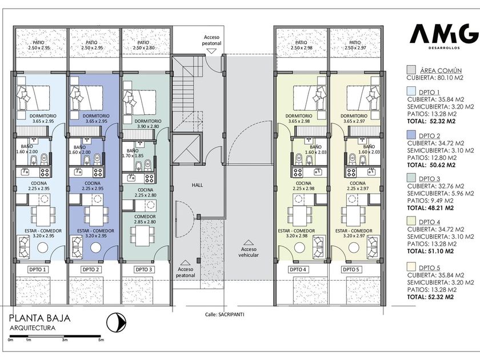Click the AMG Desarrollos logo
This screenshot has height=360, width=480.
pos(444,37)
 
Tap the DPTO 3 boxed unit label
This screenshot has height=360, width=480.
pos(143,270)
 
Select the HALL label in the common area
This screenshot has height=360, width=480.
pos(198,185)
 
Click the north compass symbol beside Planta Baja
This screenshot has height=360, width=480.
pos(117,322)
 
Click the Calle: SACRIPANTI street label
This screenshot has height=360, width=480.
pos(225,314)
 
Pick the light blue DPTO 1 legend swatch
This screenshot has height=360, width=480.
pos(411,91)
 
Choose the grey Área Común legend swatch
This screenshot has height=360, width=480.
pos(411,70)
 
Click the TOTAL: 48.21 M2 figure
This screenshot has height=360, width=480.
pos(430,208)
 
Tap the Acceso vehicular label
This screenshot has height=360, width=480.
pos(249,252)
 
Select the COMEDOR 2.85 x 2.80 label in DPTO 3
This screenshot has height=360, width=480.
pos(145,219)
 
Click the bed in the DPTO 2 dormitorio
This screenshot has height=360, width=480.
pos(86,98)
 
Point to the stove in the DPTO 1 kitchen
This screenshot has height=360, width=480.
pos(45,172)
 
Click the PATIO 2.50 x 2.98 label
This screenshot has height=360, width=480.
pos(301,45)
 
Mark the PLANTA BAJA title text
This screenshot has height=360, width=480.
pos(40,318)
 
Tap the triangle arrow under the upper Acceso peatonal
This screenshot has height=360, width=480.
pos(211,51)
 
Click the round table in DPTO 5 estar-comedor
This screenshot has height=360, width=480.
pos(354,247)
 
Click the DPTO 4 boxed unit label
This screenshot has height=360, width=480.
pos(298,270)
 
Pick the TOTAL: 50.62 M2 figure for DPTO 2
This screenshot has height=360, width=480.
pos(431,165)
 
